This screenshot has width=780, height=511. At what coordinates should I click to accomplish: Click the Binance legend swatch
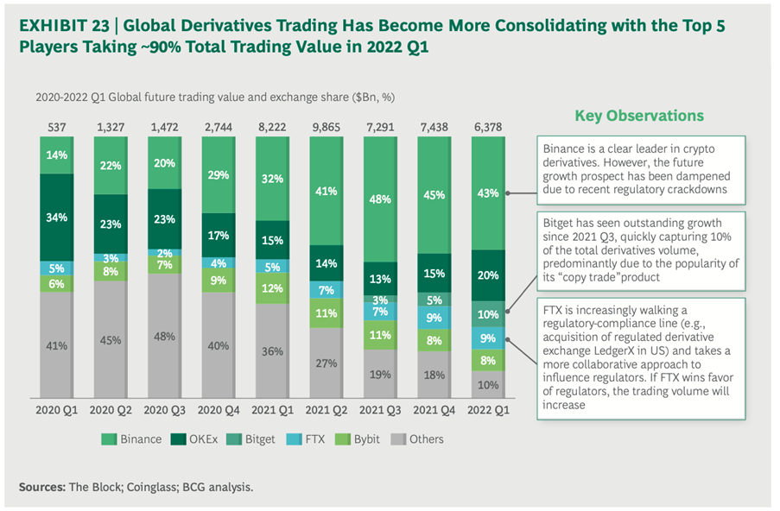click(109, 438)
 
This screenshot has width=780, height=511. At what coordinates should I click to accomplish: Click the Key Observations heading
click(640, 116)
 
